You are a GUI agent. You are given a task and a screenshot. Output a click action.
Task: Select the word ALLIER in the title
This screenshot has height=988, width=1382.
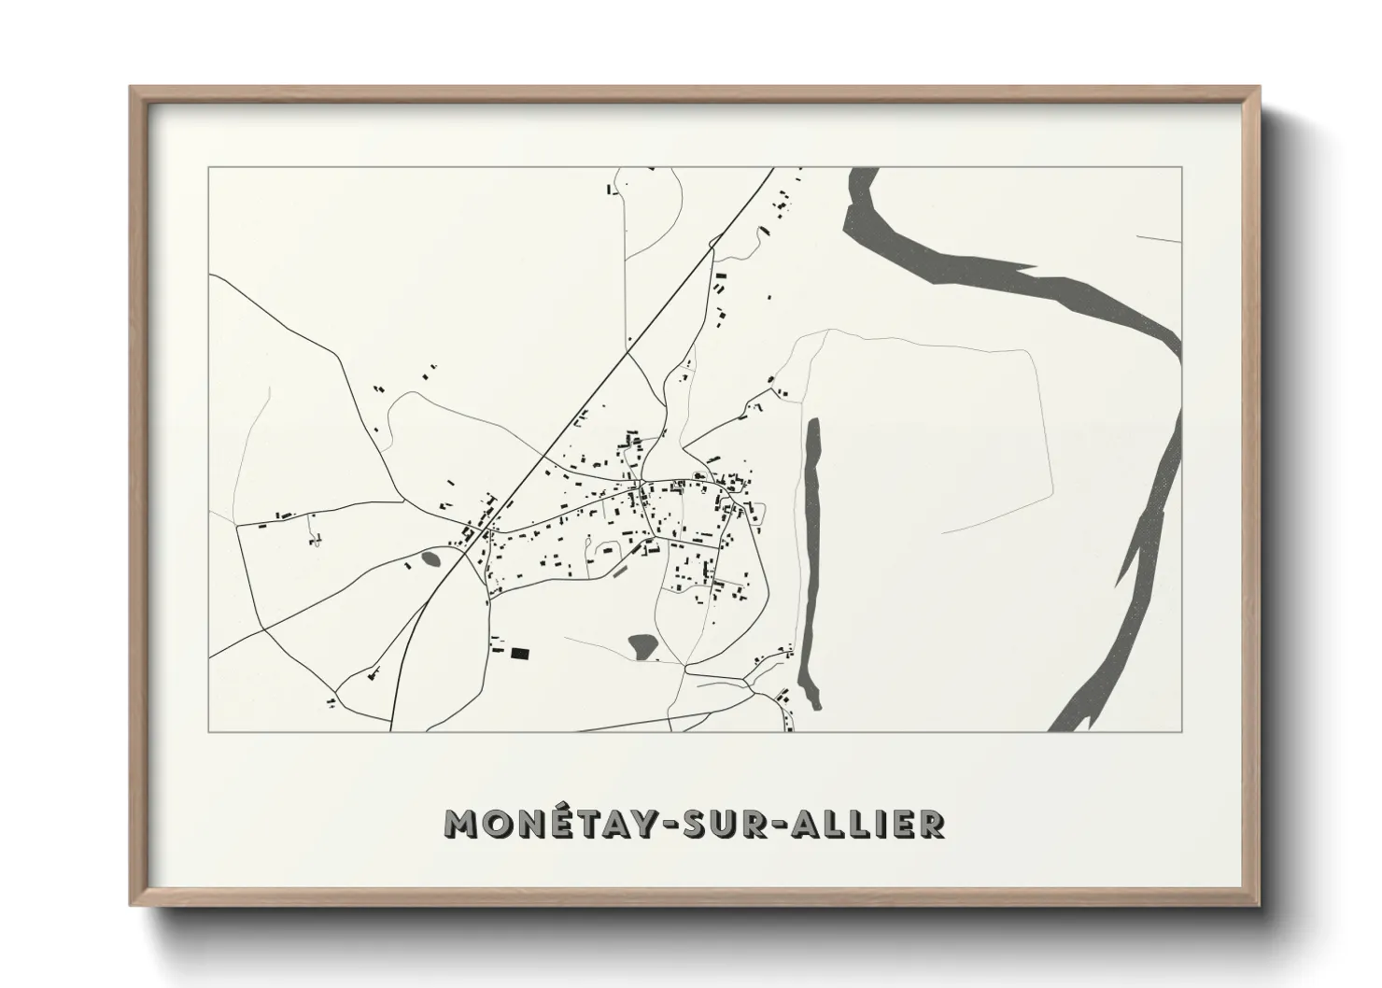(875, 823)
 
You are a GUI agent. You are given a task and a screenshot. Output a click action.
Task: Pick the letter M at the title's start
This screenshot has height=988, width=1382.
(463, 824)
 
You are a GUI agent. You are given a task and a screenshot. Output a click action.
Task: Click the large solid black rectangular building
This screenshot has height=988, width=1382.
(518, 654)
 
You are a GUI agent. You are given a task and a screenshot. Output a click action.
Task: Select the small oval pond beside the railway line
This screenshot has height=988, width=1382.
(430, 559)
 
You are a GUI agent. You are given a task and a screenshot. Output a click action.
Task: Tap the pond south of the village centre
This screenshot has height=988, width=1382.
(642, 643)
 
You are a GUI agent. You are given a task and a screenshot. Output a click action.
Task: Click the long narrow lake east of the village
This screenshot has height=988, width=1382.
(811, 560)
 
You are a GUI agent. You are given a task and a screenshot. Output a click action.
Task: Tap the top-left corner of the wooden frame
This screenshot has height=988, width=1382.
(132, 89)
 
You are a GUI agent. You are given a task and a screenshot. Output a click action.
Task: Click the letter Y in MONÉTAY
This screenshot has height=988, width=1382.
(651, 824)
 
